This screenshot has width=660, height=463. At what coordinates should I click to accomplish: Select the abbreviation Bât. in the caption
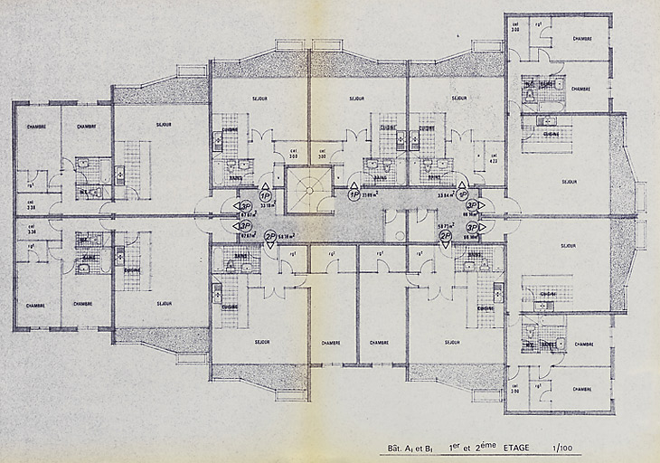click(x=395, y=448)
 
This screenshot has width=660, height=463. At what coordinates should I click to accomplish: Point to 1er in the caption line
click(x=455, y=447)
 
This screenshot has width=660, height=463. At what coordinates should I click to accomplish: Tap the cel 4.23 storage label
click(x=493, y=158)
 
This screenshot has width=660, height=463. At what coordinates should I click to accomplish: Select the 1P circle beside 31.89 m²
click(x=354, y=194)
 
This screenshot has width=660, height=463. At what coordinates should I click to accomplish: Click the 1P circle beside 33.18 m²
click(x=266, y=194)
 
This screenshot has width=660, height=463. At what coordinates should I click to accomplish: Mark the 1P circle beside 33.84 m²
click(x=462, y=194)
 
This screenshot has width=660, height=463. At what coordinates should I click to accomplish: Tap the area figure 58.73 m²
click(x=445, y=226)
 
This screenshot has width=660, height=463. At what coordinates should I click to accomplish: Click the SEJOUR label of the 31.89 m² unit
click(x=355, y=98)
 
